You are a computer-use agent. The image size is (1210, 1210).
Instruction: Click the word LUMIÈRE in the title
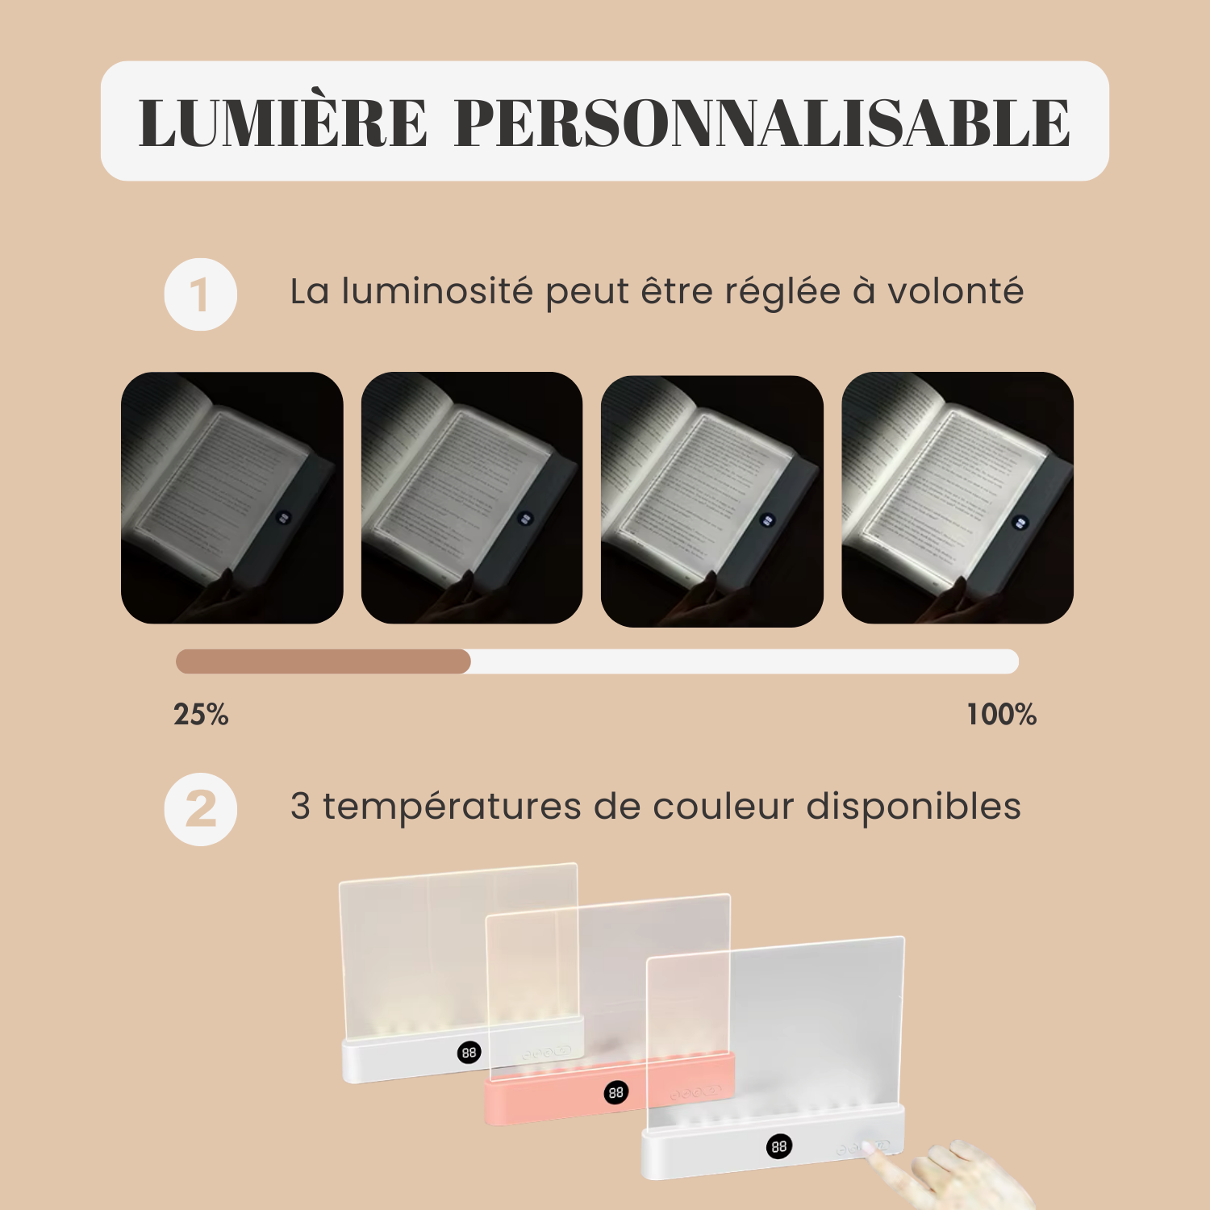tap(282, 123)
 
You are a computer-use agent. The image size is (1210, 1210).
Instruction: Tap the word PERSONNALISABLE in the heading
tap(762, 123)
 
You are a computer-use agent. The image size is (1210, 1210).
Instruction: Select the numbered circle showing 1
tap(201, 294)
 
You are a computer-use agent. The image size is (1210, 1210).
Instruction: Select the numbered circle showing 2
tap(201, 809)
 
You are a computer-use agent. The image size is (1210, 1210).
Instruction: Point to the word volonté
tap(955, 291)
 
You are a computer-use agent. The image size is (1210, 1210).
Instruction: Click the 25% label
tap(201, 715)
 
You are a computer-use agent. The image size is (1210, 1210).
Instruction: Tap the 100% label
tap(1001, 715)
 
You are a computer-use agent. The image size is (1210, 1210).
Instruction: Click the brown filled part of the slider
tap(323, 661)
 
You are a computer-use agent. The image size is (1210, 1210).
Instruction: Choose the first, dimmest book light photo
tap(232, 498)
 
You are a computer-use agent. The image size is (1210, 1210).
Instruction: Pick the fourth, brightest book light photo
tap(958, 498)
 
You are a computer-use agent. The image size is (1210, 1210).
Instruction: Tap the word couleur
tap(723, 807)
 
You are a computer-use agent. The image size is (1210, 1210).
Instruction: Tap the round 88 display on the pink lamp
tap(616, 1092)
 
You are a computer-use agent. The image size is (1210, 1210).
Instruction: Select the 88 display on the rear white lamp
tap(469, 1052)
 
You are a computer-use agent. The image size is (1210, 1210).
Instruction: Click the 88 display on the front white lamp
tap(778, 1146)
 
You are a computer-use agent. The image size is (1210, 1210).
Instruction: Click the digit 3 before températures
tap(300, 807)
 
